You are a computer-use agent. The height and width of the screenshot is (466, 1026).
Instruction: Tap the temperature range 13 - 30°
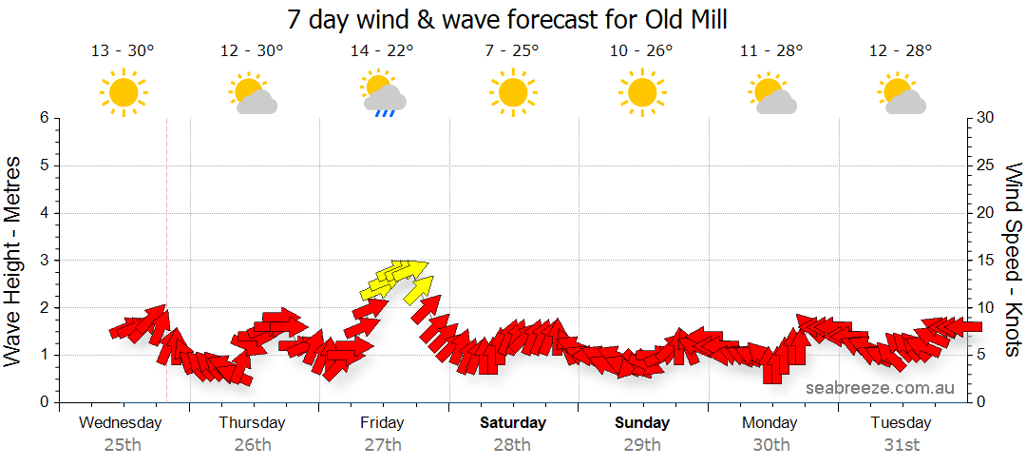pos(122,51)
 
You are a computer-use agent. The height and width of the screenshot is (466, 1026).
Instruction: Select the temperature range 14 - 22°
pos(382,51)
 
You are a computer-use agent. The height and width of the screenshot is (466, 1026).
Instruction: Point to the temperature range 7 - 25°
pos(511,51)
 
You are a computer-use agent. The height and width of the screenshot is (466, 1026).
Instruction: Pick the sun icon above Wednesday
pos(123,93)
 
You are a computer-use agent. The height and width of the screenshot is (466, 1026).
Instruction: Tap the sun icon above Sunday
pos(641,93)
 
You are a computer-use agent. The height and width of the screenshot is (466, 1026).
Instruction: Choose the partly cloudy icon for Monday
pos(771,94)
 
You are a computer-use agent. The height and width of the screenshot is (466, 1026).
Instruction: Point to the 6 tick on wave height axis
pos(44,118)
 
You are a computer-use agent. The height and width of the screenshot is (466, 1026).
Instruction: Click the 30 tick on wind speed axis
pos(986,118)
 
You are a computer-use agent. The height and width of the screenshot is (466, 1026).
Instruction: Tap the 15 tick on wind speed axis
pos(986,261)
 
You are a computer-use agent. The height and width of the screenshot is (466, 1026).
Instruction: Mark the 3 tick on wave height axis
pos(44,261)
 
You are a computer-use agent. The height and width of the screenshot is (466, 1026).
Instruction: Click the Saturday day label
pos(513,423)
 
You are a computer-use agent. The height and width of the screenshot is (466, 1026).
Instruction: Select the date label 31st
pos(901,444)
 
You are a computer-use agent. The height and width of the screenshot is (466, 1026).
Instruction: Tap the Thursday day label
pos(252,423)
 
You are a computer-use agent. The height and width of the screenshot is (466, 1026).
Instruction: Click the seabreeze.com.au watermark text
pos(880,388)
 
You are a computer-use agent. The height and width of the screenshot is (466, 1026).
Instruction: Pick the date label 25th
pos(122,444)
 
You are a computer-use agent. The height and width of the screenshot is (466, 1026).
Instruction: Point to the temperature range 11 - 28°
pos(771,51)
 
